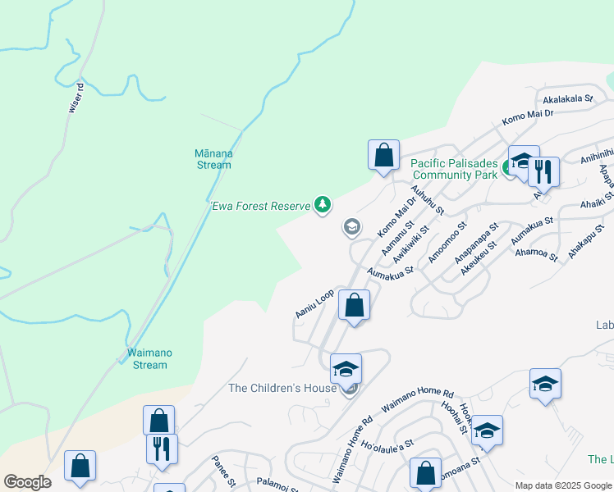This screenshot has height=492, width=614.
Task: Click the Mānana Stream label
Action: [x=213, y=159]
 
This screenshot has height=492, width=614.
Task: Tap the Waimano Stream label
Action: [x=149, y=358]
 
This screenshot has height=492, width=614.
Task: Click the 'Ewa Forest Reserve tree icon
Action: [x=323, y=205]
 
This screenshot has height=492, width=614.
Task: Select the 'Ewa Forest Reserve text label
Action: [x=260, y=206]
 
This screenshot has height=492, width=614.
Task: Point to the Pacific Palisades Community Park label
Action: [x=454, y=169]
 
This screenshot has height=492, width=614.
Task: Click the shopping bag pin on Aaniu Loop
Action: [x=354, y=306]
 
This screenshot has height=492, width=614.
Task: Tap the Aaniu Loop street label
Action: [x=314, y=303]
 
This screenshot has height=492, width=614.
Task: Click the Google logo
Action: [x=27, y=482]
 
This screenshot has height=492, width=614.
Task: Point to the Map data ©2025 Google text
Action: [x=563, y=485]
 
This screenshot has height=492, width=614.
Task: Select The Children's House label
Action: [x=282, y=388]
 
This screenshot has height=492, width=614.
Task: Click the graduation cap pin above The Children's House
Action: [x=346, y=368]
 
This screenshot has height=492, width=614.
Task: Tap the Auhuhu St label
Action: [x=427, y=199]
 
